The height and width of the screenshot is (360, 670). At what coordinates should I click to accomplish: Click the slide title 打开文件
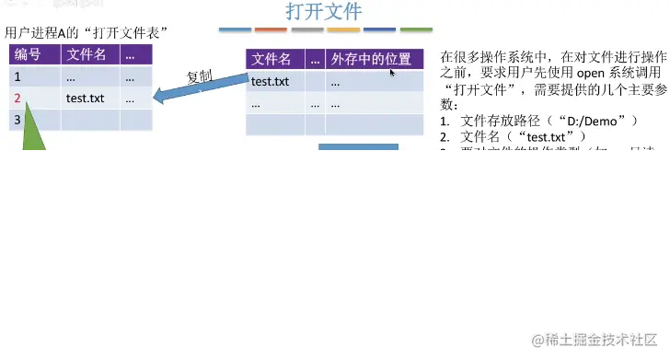point(323,12)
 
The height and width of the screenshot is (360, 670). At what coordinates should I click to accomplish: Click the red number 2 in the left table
point(17,97)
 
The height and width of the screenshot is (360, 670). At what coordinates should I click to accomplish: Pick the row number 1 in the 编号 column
point(17,76)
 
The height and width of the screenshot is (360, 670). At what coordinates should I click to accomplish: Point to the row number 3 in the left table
point(17,119)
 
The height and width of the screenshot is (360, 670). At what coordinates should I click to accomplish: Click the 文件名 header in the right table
point(272,60)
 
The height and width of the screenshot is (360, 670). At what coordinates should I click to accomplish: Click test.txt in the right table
point(271,82)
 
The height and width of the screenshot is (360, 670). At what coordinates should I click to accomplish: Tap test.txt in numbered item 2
point(553,137)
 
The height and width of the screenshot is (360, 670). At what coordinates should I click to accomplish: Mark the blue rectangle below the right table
point(358,149)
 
